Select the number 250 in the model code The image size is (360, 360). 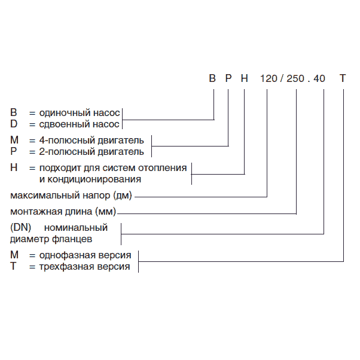[x=297, y=78]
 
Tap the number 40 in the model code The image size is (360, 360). [x=320, y=78]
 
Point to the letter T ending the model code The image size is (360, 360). [x=342, y=78]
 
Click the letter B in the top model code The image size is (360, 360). [x=212, y=78]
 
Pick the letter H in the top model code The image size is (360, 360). [x=244, y=78]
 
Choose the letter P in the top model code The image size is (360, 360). [x=228, y=78]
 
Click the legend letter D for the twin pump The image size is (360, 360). [x=14, y=124]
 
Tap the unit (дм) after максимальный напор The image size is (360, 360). [x=124, y=196]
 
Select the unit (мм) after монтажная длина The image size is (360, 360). [x=106, y=212]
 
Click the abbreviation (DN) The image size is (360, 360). [x=20, y=228]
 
